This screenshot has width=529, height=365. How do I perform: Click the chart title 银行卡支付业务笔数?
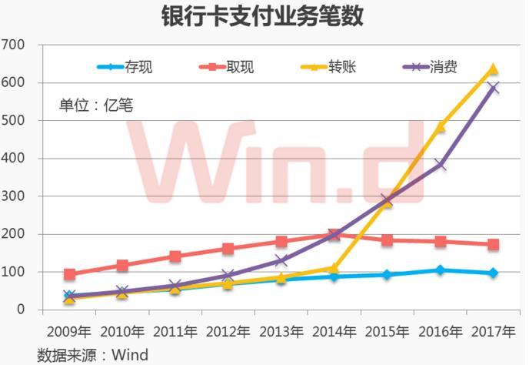click(x=263, y=16)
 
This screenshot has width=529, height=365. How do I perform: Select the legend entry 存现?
click(x=138, y=67)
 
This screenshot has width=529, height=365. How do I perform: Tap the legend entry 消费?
click(x=442, y=67)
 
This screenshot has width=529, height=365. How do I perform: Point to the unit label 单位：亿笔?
click(x=96, y=105)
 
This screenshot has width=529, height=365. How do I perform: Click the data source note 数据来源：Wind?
click(x=93, y=355)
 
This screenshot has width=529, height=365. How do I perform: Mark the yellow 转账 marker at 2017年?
click(x=493, y=70)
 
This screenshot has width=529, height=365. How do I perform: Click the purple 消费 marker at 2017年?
click(x=493, y=88)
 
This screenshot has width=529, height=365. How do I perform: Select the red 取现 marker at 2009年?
click(x=70, y=274)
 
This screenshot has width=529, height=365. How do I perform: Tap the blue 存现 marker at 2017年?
click(x=493, y=273)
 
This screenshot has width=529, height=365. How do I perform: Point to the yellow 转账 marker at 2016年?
click(x=441, y=126)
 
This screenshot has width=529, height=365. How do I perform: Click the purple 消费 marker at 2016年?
click(x=441, y=165)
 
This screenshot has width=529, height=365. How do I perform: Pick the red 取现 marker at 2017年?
click(x=493, y=245)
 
